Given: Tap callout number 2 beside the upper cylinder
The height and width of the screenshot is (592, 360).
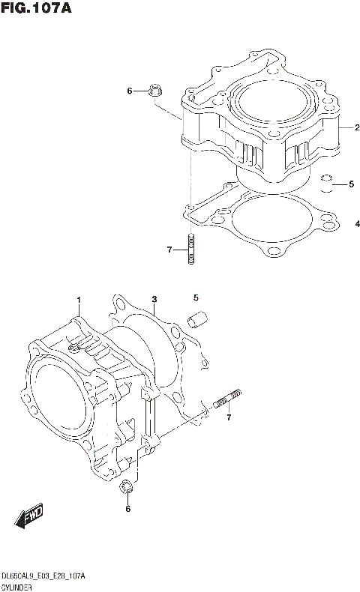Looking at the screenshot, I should coord(347,128).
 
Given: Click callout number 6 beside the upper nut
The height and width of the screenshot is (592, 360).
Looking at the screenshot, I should coord(129,91).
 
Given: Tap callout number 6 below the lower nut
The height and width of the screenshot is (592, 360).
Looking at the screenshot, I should coord(127,510).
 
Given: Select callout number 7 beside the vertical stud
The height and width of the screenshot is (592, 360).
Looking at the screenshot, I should coord(169,249).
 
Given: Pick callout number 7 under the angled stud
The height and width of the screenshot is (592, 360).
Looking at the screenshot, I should coord(229,417).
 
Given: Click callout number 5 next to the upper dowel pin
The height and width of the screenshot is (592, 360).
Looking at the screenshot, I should coord(349,184).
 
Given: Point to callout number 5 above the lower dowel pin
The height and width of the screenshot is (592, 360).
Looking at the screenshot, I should coord(196,297).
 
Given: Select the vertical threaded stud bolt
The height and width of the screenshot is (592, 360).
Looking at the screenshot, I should coord(191,249).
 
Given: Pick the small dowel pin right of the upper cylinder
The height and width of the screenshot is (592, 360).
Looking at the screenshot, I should coord(326,182).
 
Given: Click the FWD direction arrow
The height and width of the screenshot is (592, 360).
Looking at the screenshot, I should coord(30,517).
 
